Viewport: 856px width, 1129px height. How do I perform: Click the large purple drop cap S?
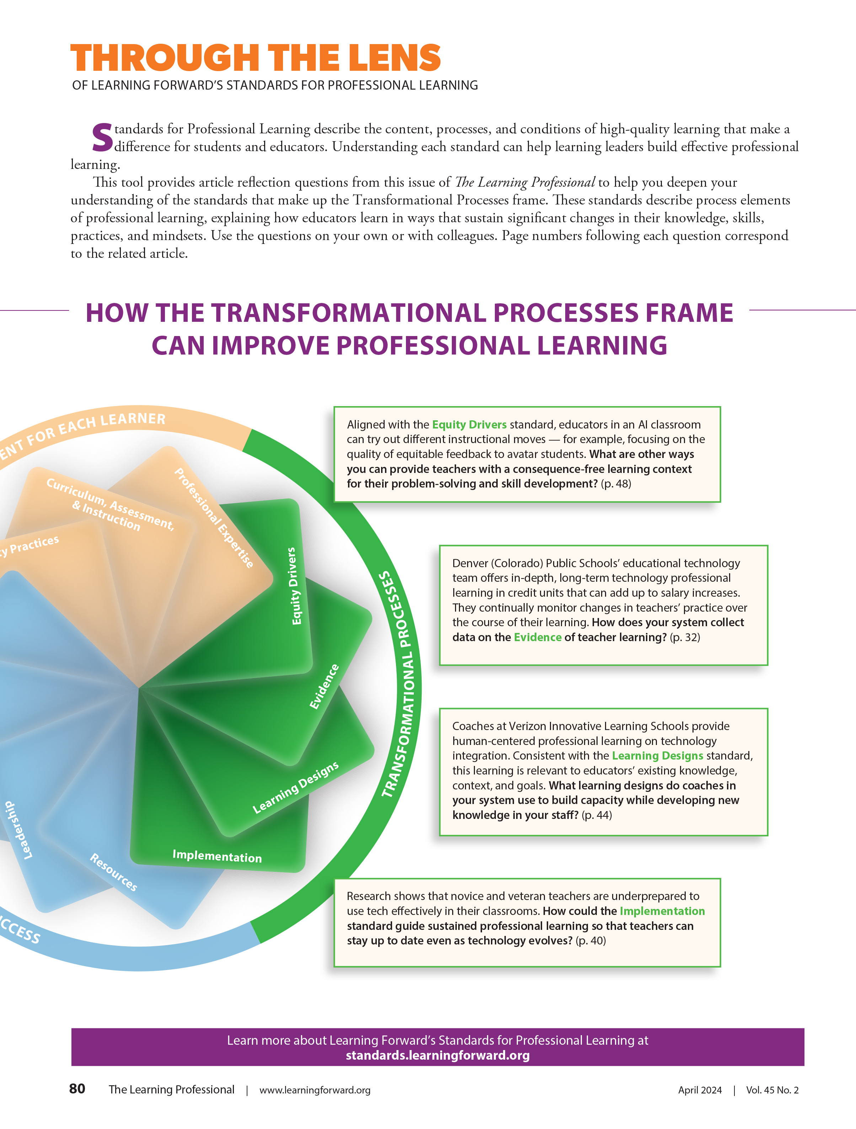102,138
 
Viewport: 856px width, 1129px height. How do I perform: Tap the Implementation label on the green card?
217,856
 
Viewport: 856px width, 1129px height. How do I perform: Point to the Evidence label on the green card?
324,687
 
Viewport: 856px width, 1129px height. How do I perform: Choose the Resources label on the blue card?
113,872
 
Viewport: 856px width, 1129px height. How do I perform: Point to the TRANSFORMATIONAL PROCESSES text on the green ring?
401,684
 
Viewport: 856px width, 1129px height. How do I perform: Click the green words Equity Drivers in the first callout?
469,425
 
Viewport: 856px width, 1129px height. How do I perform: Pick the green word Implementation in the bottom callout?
662,911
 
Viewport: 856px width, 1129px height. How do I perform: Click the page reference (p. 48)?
616,484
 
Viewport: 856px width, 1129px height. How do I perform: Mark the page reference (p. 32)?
685,638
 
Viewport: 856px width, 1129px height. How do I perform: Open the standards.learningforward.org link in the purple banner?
438,1055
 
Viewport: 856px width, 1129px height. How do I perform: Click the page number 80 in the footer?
77,1089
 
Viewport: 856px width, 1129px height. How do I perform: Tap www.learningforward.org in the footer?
315,1090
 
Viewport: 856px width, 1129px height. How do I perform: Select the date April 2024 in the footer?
700,1090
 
